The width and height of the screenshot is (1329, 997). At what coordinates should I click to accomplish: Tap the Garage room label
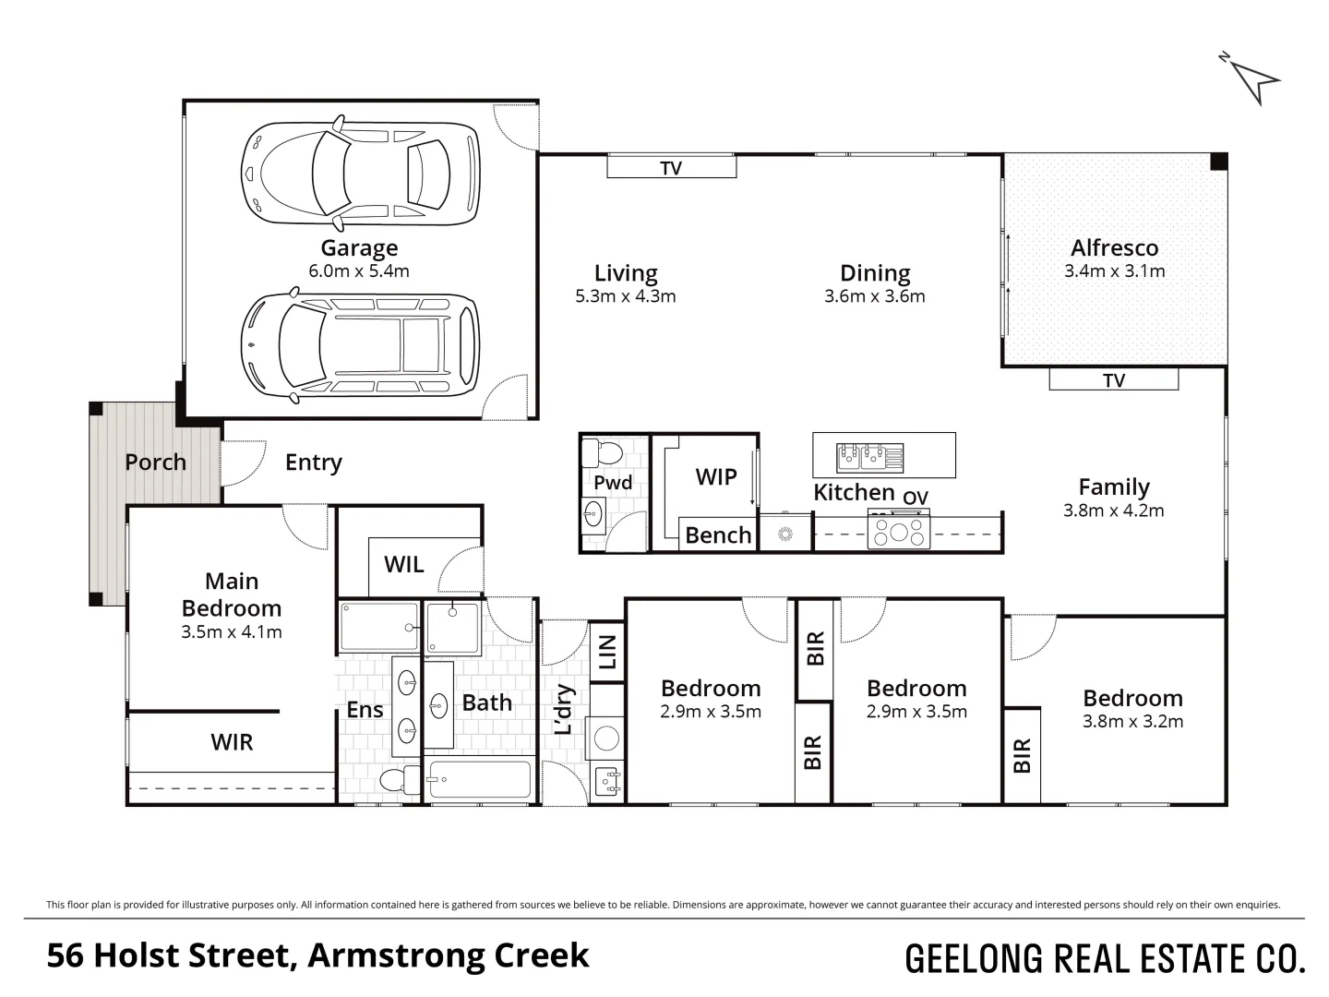(359, 247)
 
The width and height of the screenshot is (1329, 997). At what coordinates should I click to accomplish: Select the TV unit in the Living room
(672, 167)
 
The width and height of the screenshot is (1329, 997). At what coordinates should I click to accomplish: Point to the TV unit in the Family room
(1113, 379)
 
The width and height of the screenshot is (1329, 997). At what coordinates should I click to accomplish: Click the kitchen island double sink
(870, 457)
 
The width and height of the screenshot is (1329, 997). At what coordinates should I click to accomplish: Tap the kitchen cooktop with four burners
(899, 531)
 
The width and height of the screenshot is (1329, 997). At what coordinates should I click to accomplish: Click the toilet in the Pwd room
(602, 452)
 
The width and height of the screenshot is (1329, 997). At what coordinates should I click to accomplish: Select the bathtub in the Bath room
(480, 778)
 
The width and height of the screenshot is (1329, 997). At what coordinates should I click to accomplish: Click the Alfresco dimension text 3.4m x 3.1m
(1115, 270)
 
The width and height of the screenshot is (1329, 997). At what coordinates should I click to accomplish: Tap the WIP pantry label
(715, 477)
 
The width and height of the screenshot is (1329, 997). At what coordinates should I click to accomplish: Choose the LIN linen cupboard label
(607, 652)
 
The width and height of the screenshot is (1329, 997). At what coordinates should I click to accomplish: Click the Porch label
(156, 462)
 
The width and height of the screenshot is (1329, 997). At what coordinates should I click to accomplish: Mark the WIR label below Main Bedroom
(232, 741)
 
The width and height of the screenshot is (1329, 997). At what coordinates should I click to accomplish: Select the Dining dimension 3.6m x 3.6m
(875, 296)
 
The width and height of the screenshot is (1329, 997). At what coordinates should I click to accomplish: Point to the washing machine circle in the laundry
(606, 738)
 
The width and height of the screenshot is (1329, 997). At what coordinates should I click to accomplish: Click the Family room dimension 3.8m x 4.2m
(1114, 511)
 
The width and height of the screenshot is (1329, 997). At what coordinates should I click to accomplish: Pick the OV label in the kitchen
(916, 498)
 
